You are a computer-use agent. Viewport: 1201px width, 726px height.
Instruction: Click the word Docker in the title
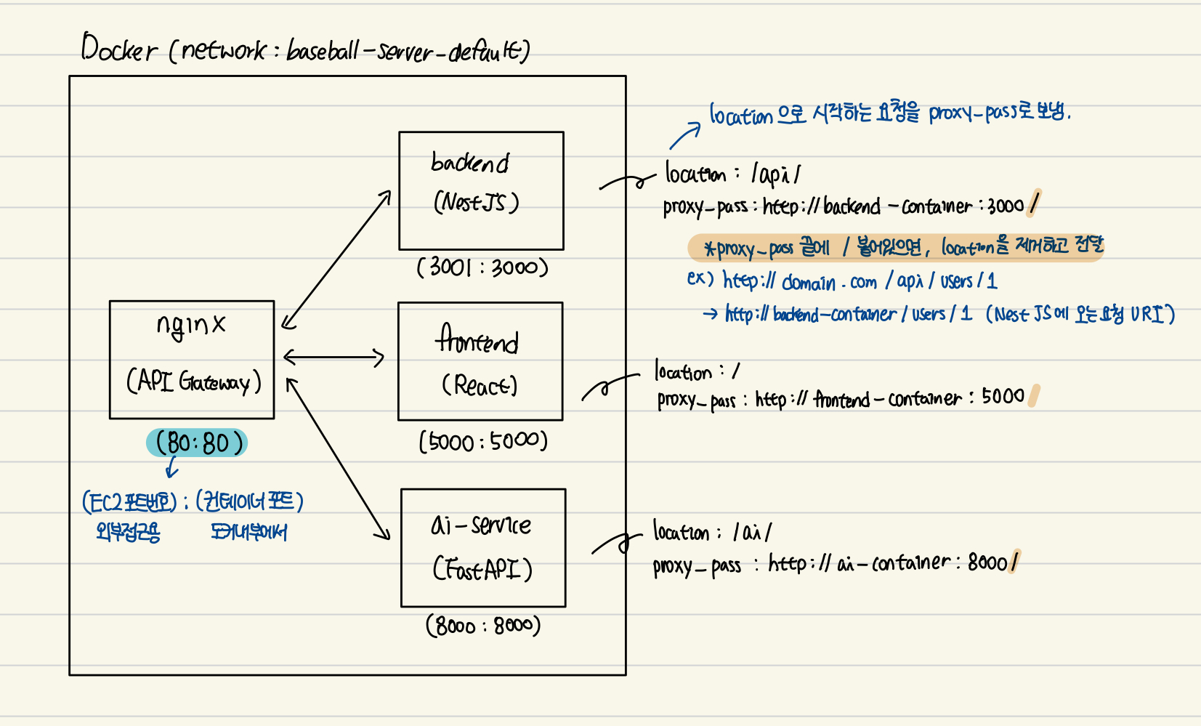point(118,49)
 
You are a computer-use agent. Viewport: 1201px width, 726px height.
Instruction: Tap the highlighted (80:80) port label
point(197,443)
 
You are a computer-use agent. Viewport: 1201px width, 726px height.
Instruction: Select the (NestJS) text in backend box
point(477,202)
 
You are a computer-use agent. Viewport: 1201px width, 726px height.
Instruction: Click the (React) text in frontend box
point(480,385)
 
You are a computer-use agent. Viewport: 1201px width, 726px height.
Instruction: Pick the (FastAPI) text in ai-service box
point(482,569)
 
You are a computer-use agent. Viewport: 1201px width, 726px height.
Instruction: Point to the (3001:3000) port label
point(482,267)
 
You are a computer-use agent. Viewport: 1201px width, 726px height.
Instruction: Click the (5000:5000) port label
point(483,441)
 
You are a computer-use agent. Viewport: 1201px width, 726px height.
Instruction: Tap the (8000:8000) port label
point(483,626)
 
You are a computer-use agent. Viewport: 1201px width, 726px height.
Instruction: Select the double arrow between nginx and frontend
point(333,357)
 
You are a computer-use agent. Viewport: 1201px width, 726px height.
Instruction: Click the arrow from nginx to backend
point(336,259)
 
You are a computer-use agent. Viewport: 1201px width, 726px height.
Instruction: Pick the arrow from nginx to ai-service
point(337,459)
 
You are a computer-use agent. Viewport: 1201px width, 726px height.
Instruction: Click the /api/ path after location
point(776,174)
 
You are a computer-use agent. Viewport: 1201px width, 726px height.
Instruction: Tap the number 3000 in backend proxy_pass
point(1006,206)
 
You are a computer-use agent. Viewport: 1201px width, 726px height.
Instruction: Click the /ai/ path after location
point(752,533)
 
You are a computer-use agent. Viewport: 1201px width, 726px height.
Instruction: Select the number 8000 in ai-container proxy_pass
point(987,562)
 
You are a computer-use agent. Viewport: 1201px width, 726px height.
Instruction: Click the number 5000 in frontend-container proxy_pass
point(1003,397)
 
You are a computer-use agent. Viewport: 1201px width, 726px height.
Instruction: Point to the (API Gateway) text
point(193,382)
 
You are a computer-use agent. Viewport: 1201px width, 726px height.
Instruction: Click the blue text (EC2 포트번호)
point(129,501)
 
